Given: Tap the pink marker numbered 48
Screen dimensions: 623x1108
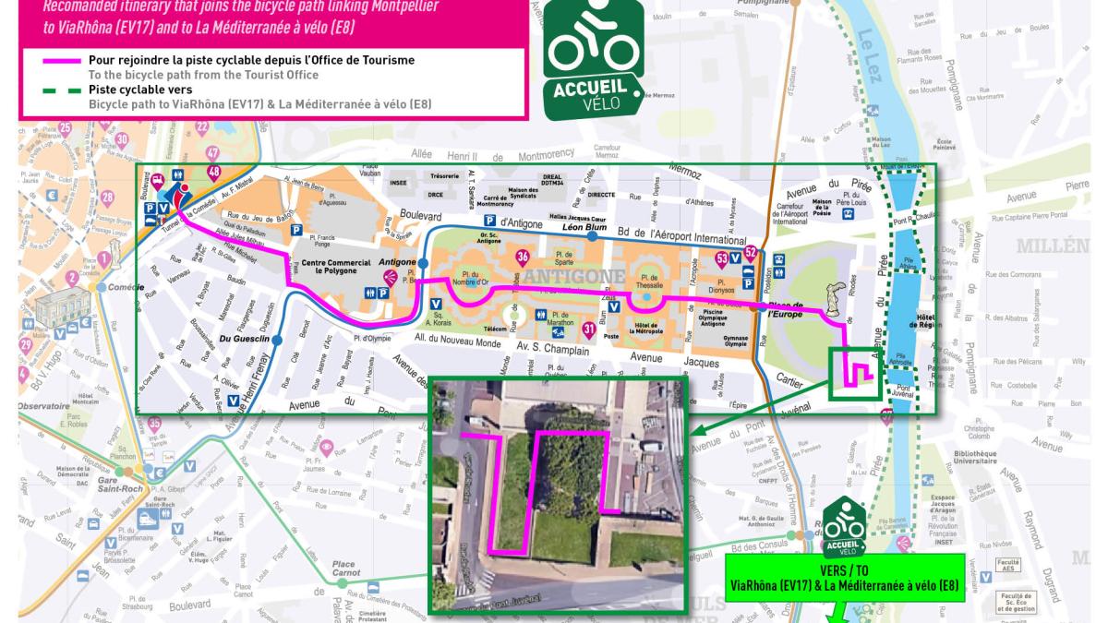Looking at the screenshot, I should coord(215,172).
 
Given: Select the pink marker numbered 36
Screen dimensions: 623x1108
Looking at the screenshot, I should coord(523,256).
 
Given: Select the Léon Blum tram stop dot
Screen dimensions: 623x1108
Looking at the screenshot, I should coord(592,237).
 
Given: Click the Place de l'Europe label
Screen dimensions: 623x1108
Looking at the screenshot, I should coord(788,310).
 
